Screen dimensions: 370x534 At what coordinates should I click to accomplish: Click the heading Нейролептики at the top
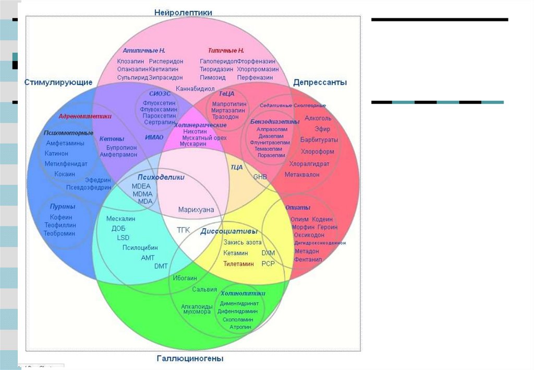coord(183,12)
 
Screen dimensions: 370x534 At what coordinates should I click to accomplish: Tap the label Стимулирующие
coord(58,82)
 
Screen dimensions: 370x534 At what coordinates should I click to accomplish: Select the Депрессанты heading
coord(320,82)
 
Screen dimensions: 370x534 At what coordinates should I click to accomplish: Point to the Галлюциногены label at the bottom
coord(190,359)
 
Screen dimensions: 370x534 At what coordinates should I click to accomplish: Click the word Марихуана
coord(196,210)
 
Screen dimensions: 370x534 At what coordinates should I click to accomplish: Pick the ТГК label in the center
coord(183,230)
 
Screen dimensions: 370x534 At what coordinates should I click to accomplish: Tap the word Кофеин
coord(61,217)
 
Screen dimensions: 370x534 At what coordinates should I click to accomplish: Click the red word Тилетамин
coord(238,264)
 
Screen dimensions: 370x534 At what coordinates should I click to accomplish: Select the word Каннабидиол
coord(195,89)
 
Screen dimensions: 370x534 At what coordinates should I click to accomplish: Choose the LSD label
coord(123,238)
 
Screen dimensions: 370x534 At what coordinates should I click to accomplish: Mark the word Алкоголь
coord(318,118)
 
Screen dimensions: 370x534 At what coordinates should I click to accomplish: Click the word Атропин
coord(240,327)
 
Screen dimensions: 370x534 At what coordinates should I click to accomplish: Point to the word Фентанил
coord(308,259)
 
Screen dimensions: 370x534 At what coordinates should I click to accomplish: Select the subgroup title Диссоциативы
coord(229,231)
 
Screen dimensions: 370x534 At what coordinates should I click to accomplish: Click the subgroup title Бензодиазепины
coord(274,121)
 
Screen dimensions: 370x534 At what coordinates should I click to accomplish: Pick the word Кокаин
coord(65,174)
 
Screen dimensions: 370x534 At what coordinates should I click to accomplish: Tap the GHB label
coord(260,177)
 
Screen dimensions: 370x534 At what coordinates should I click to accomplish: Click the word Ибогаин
coord(185,278)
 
